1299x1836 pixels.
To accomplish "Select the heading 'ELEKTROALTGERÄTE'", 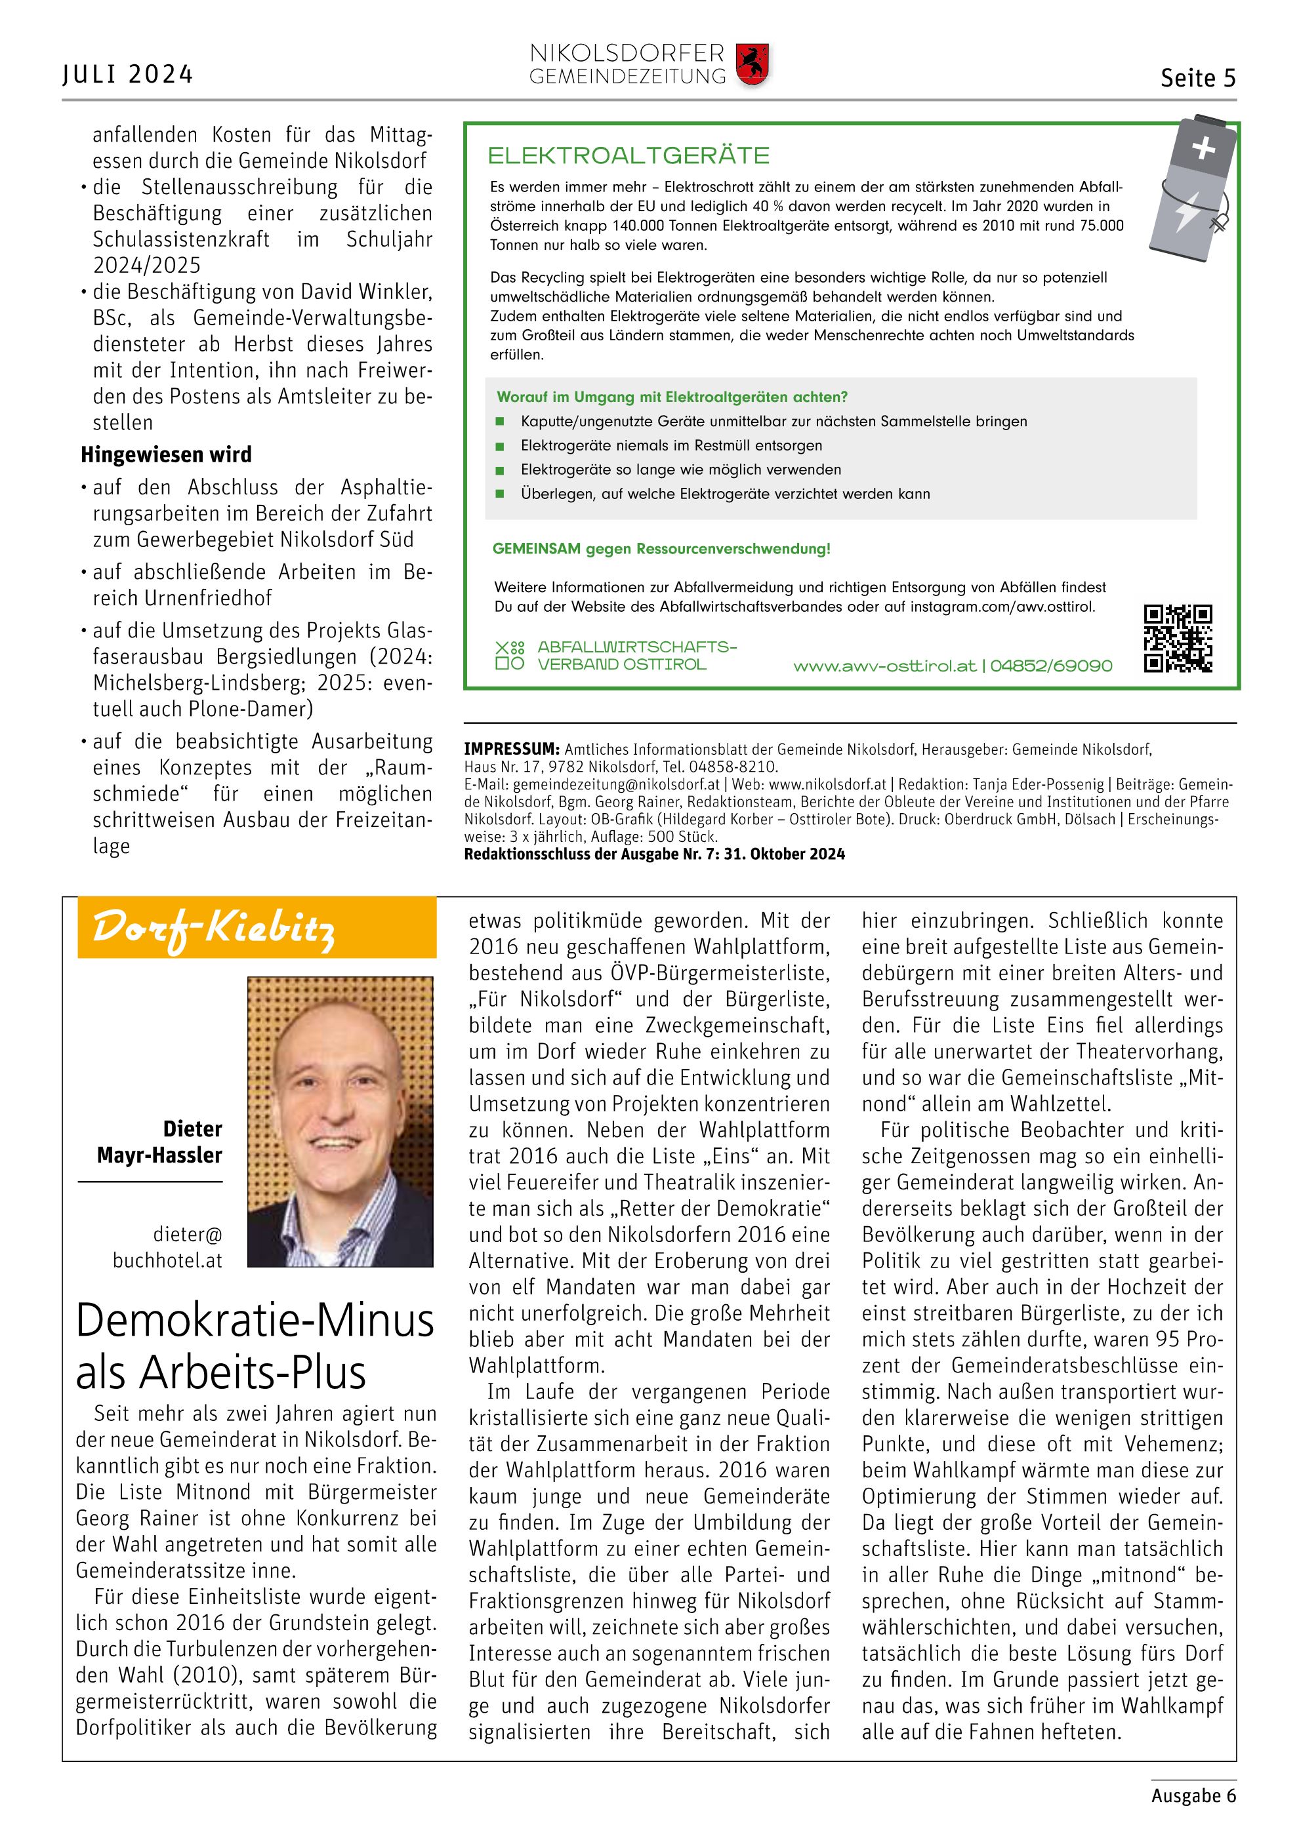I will tap(629, 155).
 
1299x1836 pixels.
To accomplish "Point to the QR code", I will tap(1178, 638).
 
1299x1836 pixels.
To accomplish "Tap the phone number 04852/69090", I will tap(1051, 666).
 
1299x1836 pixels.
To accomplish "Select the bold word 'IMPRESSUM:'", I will tap(512, 749).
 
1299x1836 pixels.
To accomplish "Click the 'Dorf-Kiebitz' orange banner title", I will tap(214, 928).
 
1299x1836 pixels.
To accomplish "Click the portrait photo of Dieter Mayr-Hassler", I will tap(340, 1121).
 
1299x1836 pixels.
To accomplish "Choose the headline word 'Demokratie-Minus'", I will tap(255, 1321).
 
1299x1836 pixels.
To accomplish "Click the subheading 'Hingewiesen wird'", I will tap(167, 455).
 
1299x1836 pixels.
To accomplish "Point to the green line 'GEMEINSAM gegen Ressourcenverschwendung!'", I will tap(661, 549).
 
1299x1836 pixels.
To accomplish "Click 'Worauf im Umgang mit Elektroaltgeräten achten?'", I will tap(672, 397).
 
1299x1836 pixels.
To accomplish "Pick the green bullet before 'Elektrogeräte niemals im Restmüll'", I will tap(501, 446).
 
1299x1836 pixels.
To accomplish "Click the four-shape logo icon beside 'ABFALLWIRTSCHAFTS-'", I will tap(510, 655).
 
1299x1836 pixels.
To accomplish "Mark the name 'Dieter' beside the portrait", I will tap(192, 1128).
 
